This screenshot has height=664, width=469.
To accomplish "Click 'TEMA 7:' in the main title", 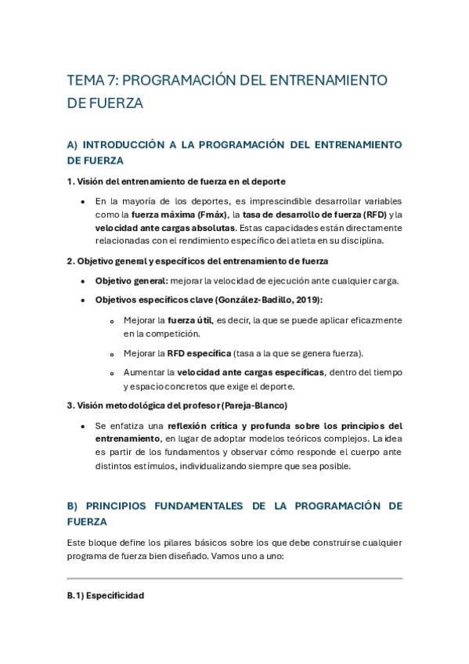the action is tap(93, 81).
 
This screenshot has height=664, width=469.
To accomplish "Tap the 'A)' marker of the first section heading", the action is tap(74, 145).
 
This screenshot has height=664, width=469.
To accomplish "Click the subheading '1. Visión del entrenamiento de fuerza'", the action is tap(176, 182).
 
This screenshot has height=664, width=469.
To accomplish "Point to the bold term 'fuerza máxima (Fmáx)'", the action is tap(179, 215).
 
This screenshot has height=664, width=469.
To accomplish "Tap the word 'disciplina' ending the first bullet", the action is tap(359, 241).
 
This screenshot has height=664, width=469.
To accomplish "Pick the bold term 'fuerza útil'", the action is tap(189, 320).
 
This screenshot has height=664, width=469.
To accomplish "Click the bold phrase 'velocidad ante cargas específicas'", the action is tap(251, 373).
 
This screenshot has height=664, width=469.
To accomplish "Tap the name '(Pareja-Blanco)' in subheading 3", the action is tap(254, 406).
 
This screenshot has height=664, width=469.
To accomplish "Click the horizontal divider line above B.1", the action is tap(235, 579).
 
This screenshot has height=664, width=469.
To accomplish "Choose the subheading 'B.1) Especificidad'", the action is tap(106, 596).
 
